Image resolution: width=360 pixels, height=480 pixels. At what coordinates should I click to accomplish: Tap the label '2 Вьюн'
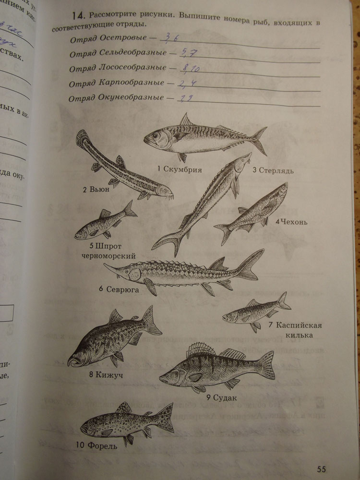pos(96,190)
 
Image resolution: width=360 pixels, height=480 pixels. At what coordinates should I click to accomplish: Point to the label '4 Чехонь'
pos(291,222)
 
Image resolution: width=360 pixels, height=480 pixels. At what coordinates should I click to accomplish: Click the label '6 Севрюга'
pos(119,289)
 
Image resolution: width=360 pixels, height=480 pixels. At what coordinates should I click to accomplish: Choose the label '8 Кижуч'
pos(106,375)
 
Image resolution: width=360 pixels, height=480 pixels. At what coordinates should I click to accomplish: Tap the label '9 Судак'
pos(222,397)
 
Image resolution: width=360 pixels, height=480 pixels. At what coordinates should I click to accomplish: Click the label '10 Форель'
pos(96,446)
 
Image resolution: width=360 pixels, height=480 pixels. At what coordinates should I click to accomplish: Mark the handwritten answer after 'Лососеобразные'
pos(188,69)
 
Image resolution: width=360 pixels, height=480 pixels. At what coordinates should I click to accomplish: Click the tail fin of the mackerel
pos(259,140)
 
